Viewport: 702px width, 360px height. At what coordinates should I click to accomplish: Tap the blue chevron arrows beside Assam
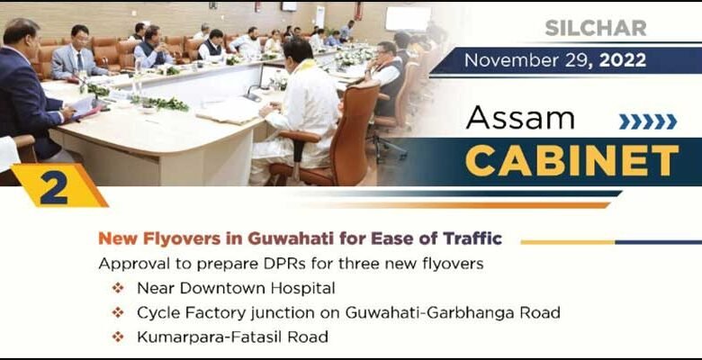pyautogui.click(x=647, y=121)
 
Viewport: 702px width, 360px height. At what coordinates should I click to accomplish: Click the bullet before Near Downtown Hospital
pyautogui.click(x=117, y=289)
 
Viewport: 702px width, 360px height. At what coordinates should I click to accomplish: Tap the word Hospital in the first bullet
pyautogui.click(x=301, y=289)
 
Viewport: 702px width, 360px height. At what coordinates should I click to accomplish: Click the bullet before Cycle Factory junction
pyautogui.click(x=117, y=313)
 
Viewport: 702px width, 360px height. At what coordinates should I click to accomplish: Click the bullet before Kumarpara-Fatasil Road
pyautogui.click(x=117, y=337)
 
